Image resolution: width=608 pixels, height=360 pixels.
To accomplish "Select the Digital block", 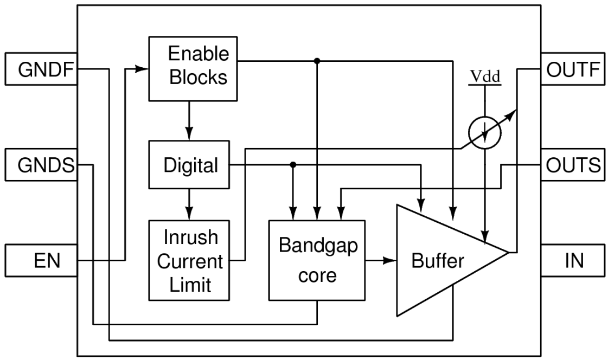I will coord(189,165).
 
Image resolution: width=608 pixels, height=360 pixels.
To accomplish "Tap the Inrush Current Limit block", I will coord(189,260).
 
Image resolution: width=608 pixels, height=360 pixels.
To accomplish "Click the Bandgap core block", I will coord(317,260).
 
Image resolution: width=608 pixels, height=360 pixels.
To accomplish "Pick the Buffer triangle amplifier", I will coord(439,260).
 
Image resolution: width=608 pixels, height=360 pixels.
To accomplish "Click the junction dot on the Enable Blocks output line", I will coord(317,60).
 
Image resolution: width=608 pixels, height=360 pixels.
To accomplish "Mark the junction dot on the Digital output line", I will coord(293,164).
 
